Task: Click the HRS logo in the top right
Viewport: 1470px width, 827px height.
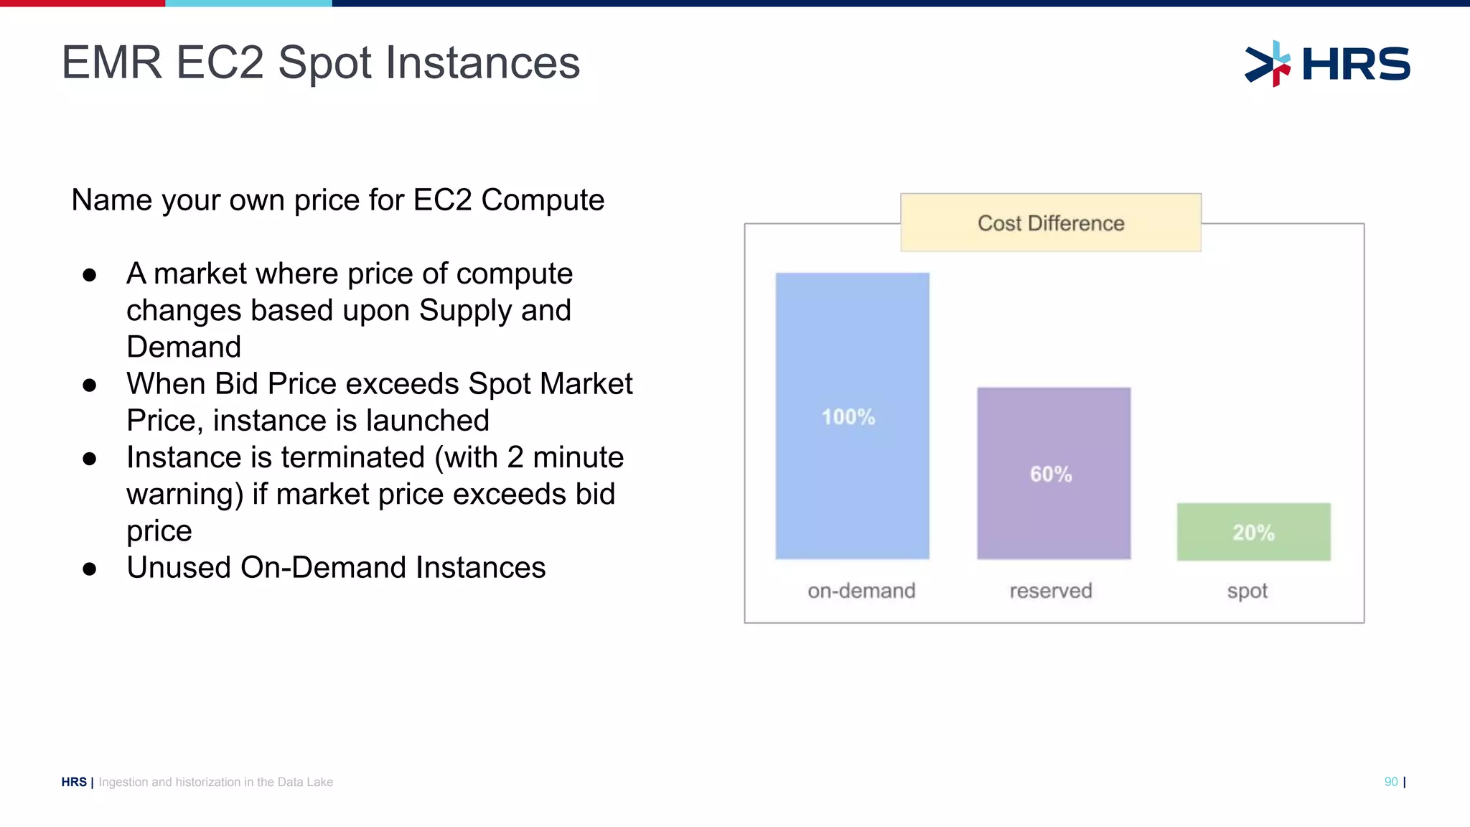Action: pyautogui.click(x=1327, y=63)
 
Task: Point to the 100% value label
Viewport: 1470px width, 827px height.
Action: pyautogui.click(x=848, y=417)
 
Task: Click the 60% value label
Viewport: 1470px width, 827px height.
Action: pyautogui.click(x=1051, y=475)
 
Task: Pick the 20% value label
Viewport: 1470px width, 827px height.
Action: pyautogui.click(x=1253, y=533)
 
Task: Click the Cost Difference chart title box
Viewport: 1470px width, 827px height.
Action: pyautogui.click(x=1050, y=223)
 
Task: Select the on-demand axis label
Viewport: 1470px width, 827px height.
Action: pyautogui.click(x=861, y=591)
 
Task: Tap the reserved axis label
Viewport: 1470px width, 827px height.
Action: pyautogui.click(x=1050, y=591)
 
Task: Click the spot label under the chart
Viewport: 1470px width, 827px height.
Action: pyautogui.click(x=1247, y=592)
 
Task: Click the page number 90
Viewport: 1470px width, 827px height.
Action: pyautogui.click(x=1390, y=782)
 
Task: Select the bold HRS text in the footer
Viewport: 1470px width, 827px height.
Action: pyautogui.click(x=73, y=782)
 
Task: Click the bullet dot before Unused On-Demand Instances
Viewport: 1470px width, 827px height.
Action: pyautogui.click(x=89, y=569)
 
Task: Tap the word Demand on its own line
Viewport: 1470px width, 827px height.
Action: pyautogui.click(x=184, y=347)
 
